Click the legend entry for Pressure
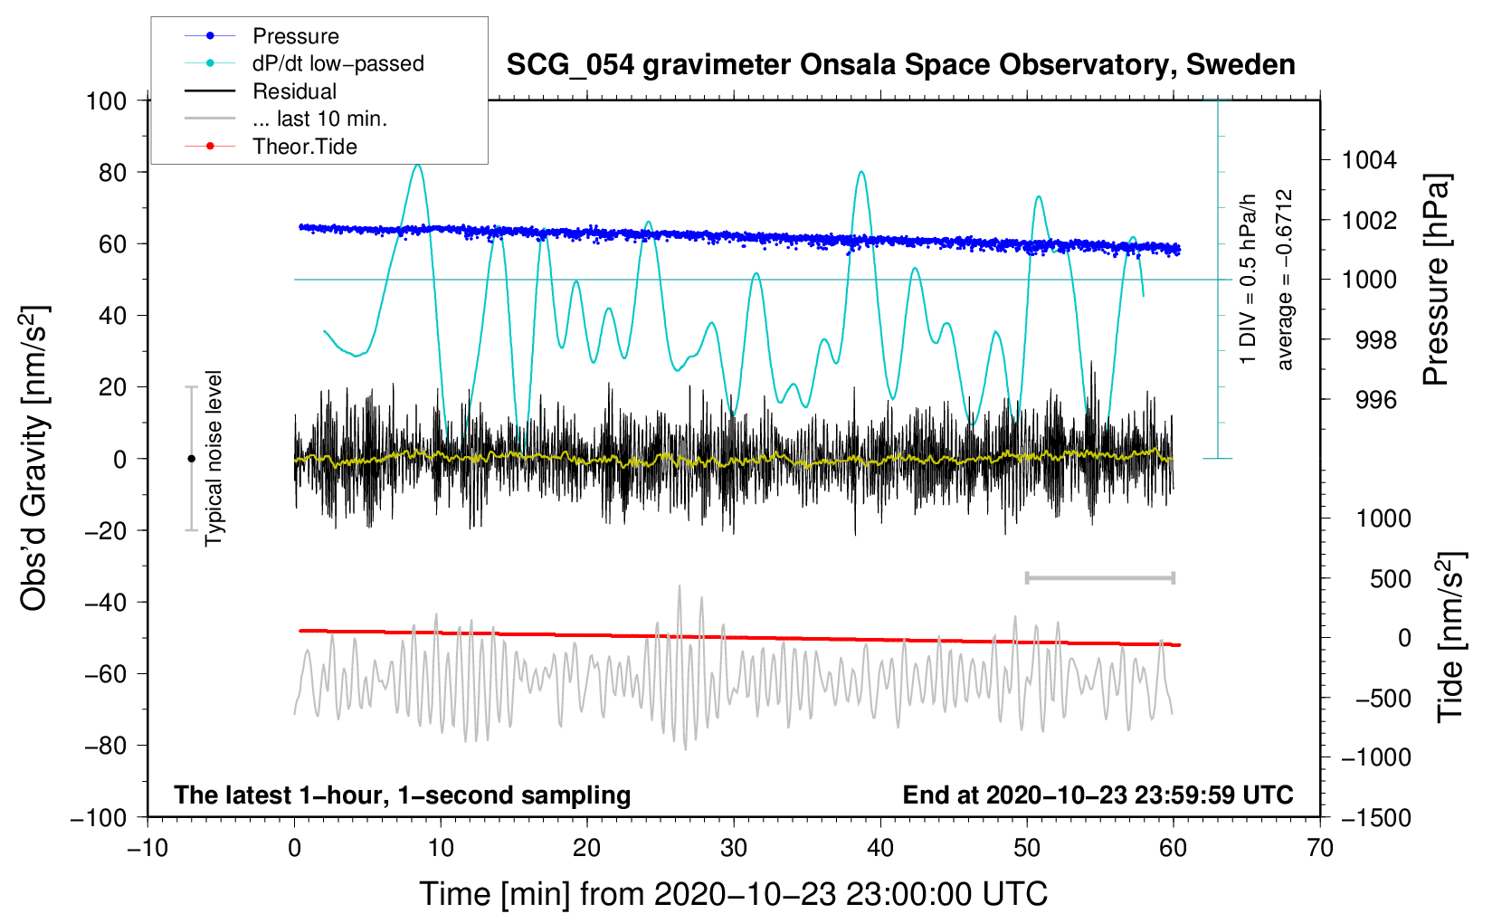tap(261, 35)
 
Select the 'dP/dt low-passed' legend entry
tap(304, 63)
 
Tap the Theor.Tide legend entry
tap(271, 147)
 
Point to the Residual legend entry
tap(261, 91)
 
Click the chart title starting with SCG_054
tap(900, 64)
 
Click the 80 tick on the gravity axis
tap(112, 173)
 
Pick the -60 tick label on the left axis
tap(105, 673)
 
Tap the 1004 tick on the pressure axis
tap(1369, 160)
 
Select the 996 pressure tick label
tap(1376, 400)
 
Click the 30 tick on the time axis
tap(734, 848)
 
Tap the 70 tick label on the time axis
tap(1319, 848)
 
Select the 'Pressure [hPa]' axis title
tap(1436, 280)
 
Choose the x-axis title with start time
tap(734, 894)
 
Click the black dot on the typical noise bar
tap(191, 459)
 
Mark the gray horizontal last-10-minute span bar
tap(1099, 577)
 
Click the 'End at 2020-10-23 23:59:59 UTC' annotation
tap(1098, 795)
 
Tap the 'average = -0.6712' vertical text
tap(1284, 279)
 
